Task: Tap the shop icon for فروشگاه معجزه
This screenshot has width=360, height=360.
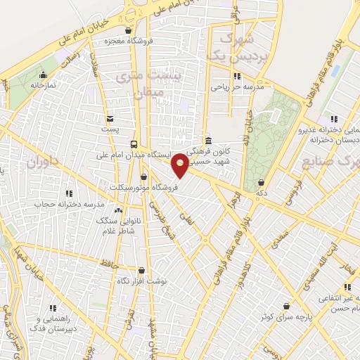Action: point(127,30)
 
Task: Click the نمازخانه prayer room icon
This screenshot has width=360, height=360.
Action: point(44,75)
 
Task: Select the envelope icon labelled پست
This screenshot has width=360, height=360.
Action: point(110,119)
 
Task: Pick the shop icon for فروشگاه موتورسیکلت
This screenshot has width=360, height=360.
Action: point(144,177)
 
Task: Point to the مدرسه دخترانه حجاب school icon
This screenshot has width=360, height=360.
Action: point(69,193)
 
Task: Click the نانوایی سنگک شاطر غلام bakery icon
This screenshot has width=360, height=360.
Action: point(117,210)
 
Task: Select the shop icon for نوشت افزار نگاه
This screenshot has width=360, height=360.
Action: point(141,270)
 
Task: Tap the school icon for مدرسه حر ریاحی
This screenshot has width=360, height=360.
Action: point(238,76)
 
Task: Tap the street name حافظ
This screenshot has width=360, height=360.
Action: point(106,264)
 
